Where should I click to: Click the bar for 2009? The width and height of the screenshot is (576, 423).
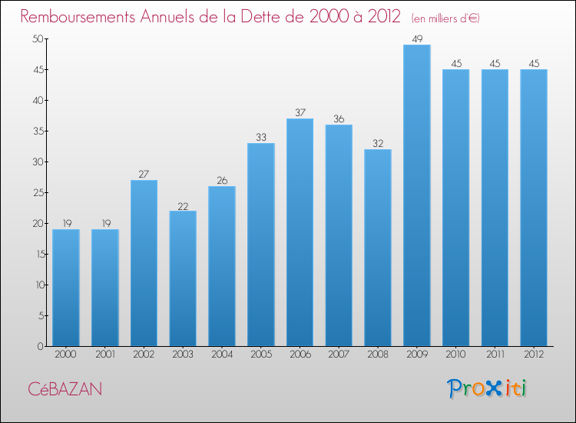(x=417, y=195)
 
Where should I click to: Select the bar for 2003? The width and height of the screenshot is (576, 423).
(x=183, y=278)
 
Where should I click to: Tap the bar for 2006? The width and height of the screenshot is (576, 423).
(x=300, y=232)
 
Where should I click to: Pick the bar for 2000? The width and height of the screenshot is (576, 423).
(x=66, y=288)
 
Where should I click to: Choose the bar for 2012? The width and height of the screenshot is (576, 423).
(x=534, y=208)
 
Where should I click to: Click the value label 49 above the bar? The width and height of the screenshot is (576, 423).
(x=417, y=38)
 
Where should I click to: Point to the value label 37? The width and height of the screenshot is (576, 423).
(x=300, y=112)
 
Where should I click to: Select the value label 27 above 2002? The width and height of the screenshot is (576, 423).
(x=144, y=174)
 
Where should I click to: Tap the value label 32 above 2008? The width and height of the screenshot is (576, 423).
(x=378, y=143)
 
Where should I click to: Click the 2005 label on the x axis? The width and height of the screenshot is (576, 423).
(x=261, y=355)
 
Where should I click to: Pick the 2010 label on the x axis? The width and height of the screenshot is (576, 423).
(x=456, y=355)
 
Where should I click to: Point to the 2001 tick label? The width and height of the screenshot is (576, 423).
(x=105, y=355)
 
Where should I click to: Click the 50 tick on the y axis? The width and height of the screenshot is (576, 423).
(x=36, y=39)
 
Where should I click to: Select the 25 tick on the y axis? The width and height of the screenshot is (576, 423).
(x=36, y=193)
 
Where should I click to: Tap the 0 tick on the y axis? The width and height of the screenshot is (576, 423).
(x=39, y=347)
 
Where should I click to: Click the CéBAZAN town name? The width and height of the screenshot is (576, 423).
(x=65, y=389)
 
